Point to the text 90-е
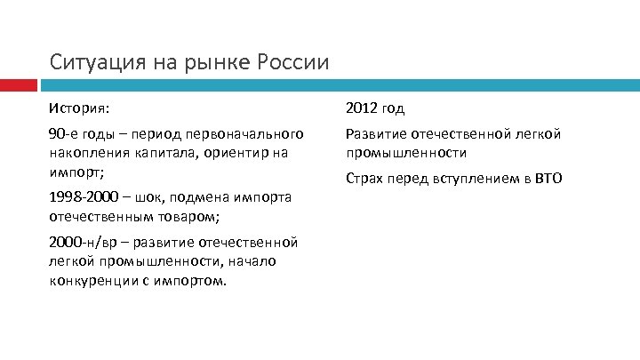coord(62,134)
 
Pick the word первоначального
coord(244,134)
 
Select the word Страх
coord(365,179)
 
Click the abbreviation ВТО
coord(548,179)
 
